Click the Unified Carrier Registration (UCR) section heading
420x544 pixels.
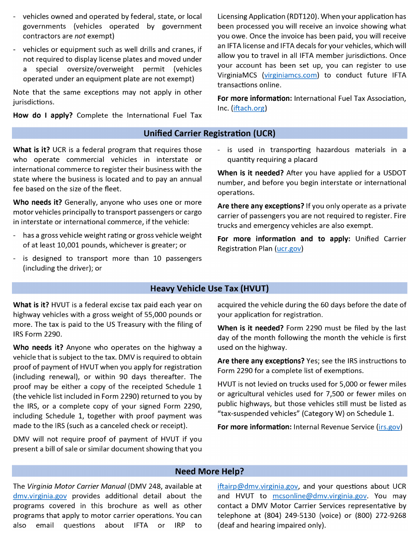click(x=209, y=133)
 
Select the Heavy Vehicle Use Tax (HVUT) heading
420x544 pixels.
click(x=209, y=288)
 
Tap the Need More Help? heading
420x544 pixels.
click(x=209, y=471)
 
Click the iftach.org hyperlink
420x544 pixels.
click(x=249, y=108)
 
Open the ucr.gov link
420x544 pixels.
click(x=289, y=249)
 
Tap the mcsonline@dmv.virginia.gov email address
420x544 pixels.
click(x=319, y=496)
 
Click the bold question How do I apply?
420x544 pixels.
click(x=43, y=115)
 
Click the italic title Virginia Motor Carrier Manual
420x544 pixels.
click(x=76, y=487)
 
